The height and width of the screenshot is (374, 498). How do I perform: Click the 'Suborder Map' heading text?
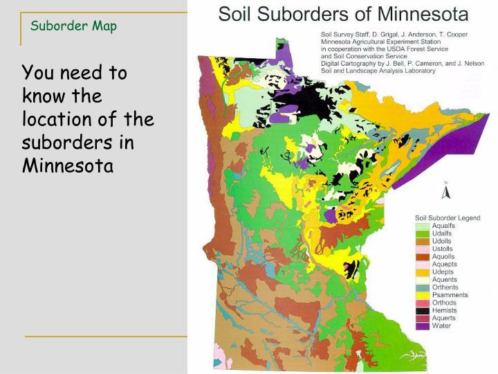(74, 26)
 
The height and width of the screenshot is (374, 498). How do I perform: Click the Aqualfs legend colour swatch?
(422, 226)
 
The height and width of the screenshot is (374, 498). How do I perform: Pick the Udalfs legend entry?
(443, 233)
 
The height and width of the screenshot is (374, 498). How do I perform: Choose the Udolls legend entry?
(443, 241)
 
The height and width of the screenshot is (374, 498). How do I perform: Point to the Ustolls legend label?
(443, 249)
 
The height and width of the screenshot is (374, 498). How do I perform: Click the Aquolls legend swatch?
(422, 256)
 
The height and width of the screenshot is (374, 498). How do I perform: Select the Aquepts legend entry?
(444, 264)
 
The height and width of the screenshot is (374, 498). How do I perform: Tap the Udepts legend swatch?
(422, 272)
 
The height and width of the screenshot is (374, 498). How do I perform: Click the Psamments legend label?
(450, 295)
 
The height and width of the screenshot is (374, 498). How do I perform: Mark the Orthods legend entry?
(444, 303)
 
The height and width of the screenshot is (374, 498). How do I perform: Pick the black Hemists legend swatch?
(422, 310)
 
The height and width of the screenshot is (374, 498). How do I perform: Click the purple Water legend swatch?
(422, 326)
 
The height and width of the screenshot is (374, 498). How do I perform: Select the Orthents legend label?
(445, 287)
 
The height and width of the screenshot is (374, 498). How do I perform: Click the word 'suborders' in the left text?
(57, 143)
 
